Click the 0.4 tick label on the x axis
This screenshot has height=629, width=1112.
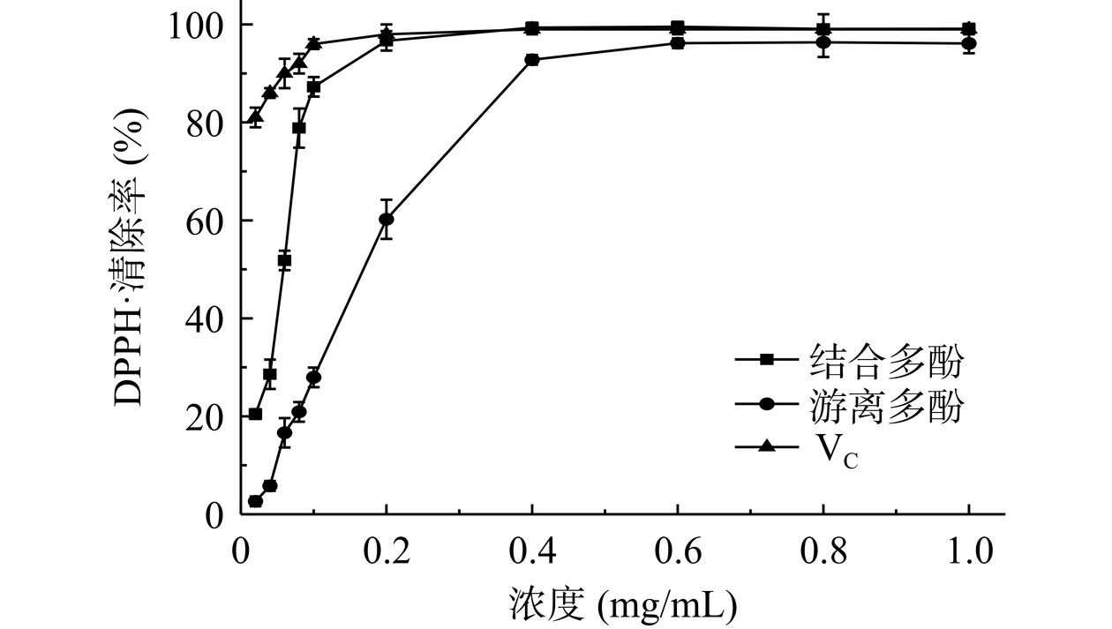(x=531, y=552)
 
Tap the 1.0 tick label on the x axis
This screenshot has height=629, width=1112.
(x=969, y=552)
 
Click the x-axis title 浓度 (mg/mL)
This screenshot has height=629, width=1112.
(x=622, y=604)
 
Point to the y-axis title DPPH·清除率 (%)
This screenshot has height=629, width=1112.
(x=131, y=269)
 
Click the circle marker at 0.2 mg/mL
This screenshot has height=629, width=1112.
(x=387, y=220)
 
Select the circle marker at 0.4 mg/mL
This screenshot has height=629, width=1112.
(x=532, y=60)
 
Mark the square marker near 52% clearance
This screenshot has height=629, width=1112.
(x=284, y=260)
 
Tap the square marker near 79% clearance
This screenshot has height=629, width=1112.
(x=299, y=128)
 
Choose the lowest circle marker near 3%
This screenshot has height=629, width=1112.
(x=255, y=501)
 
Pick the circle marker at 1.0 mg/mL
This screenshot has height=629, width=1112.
(x=969, y=43)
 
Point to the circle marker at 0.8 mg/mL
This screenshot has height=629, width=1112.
(x=823, y=42)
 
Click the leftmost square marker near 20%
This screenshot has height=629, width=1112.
(x=255, y=414)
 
